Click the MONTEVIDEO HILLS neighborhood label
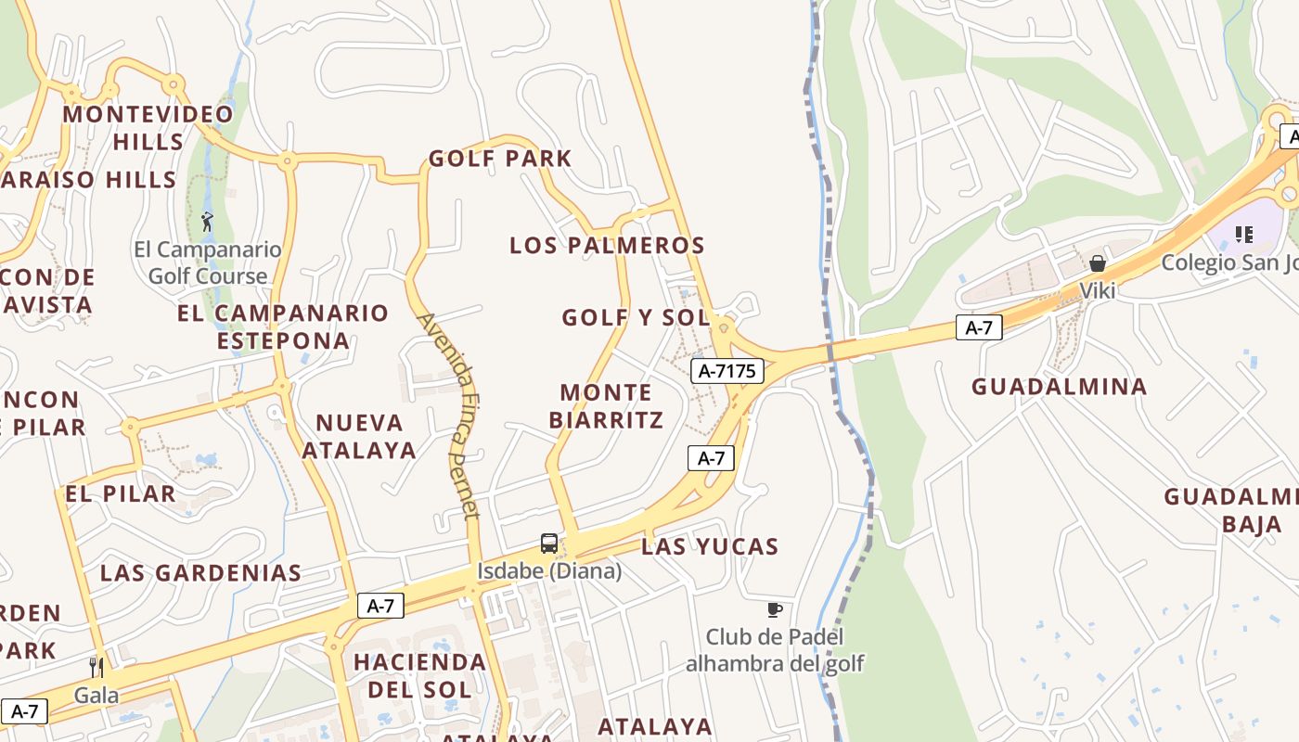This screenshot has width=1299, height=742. [x=148, y=128]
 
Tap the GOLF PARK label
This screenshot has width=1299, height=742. [x=500, y=159]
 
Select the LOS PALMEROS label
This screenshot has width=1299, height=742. [x=607, y=246]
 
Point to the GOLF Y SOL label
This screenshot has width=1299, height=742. [x=636, y=317]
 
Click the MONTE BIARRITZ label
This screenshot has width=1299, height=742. [x=607, y=406]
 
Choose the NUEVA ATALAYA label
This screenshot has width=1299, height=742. [x=359, y=436]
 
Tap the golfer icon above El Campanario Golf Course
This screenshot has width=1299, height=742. [x=207, y=222]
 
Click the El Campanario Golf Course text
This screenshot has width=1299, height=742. [x=208, y=262]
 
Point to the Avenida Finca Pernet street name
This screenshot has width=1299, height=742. [x=450, y=415]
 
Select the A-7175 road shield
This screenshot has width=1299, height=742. [x=727, y=371]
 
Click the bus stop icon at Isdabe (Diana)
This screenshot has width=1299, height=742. [x=549, y=544]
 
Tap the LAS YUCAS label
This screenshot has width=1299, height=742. [x=710, y=546]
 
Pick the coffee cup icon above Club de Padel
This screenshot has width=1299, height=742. [x=775, y=609]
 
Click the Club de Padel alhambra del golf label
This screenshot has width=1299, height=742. [x=775, y=650]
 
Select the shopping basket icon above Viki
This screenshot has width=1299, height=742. [x=1098, y=263]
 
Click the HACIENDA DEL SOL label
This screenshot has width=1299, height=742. [x=419, y=675]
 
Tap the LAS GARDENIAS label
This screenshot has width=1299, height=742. [x=200, y=572]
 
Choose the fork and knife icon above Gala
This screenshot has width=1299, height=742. [x=96, y=666]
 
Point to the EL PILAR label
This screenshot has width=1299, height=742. [x=121, y=493]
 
